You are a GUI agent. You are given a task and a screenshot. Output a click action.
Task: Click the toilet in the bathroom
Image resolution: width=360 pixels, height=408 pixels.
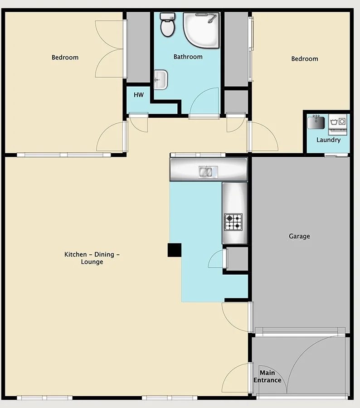tap(167, 25)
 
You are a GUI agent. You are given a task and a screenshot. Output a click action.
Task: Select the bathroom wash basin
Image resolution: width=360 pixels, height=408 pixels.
tap(161, 80)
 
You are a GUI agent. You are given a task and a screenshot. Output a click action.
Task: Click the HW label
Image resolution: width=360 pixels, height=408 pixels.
tap(139, 95)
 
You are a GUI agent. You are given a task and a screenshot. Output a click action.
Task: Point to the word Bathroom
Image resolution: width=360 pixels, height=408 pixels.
tap(188, 57)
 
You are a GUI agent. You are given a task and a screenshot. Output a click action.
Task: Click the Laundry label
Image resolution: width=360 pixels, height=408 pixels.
tap(329, 140)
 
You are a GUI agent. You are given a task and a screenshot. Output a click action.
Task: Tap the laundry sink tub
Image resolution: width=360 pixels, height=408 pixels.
tap(316, 122)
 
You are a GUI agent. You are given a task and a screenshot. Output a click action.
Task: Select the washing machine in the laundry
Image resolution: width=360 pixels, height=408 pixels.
tap(338, 124)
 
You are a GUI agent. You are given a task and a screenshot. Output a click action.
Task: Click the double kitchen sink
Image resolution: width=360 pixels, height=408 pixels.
tap(208, 172)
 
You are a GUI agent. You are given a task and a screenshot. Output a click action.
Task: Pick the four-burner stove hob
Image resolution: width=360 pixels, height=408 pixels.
tap(234, 222)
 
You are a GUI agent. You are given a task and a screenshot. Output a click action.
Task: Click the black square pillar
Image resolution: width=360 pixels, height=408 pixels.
tap(175, 250)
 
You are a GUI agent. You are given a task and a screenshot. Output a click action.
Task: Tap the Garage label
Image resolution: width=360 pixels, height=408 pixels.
tap(299, 236)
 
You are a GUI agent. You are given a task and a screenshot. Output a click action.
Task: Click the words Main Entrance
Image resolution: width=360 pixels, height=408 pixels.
tap(268, 377)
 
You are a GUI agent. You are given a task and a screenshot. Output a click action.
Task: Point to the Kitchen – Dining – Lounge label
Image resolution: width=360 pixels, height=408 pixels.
tap(92, 258)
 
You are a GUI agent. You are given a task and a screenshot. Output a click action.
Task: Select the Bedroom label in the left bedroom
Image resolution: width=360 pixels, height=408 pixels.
tap(65, 57)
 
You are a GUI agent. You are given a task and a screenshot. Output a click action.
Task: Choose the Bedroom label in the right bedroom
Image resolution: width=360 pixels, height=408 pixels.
tap(305, 59)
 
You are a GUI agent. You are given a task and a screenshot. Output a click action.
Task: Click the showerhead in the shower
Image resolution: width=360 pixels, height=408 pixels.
tap(212, 19)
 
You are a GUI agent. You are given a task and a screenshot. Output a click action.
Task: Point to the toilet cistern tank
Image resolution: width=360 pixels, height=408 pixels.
tap(167, 16)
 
